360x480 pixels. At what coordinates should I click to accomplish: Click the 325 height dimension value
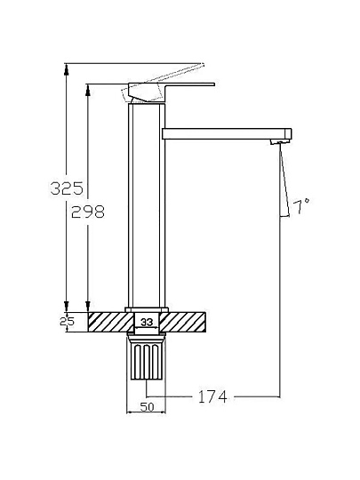click(x=67, y=188)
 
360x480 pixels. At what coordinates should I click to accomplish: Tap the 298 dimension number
click(x=88, y=212)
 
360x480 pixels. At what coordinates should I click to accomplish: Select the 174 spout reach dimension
click(x=212, y=396)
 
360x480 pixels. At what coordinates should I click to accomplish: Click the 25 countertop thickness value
click(x=67, y=322)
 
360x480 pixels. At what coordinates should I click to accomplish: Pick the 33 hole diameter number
click(x=147, y=322)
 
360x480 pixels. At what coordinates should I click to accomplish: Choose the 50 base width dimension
click(x=147, y=407)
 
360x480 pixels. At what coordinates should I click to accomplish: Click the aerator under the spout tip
click(x=280, y=141)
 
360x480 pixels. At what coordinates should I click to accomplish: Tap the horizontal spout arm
click(x=227, y=134)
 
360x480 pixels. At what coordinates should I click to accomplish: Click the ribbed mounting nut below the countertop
click(x=147, y=357)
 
